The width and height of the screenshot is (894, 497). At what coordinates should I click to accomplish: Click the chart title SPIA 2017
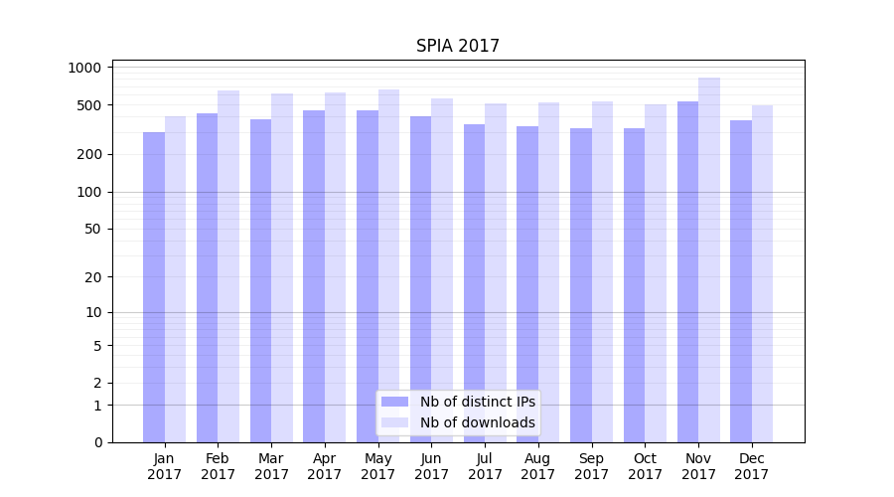(x=458, y=46)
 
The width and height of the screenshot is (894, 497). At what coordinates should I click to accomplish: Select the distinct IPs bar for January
(x=154, y=287)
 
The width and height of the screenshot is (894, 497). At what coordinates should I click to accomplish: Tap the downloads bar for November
(x=709, y=259)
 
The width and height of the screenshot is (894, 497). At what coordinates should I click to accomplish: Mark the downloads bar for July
(x=496, y=272)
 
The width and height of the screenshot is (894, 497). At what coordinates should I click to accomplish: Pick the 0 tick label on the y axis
(x=98, y=442)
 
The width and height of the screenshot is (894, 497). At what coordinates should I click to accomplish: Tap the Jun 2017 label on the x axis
(x=431, y=466)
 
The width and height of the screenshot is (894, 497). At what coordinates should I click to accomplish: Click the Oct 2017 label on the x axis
(x=645, y=466)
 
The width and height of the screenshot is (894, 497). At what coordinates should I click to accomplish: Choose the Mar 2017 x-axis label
(x=271, y=466)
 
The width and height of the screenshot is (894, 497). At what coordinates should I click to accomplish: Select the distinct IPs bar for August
(x=527, y=284)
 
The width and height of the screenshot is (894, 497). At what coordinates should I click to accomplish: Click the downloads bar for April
(x=336, y=267)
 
